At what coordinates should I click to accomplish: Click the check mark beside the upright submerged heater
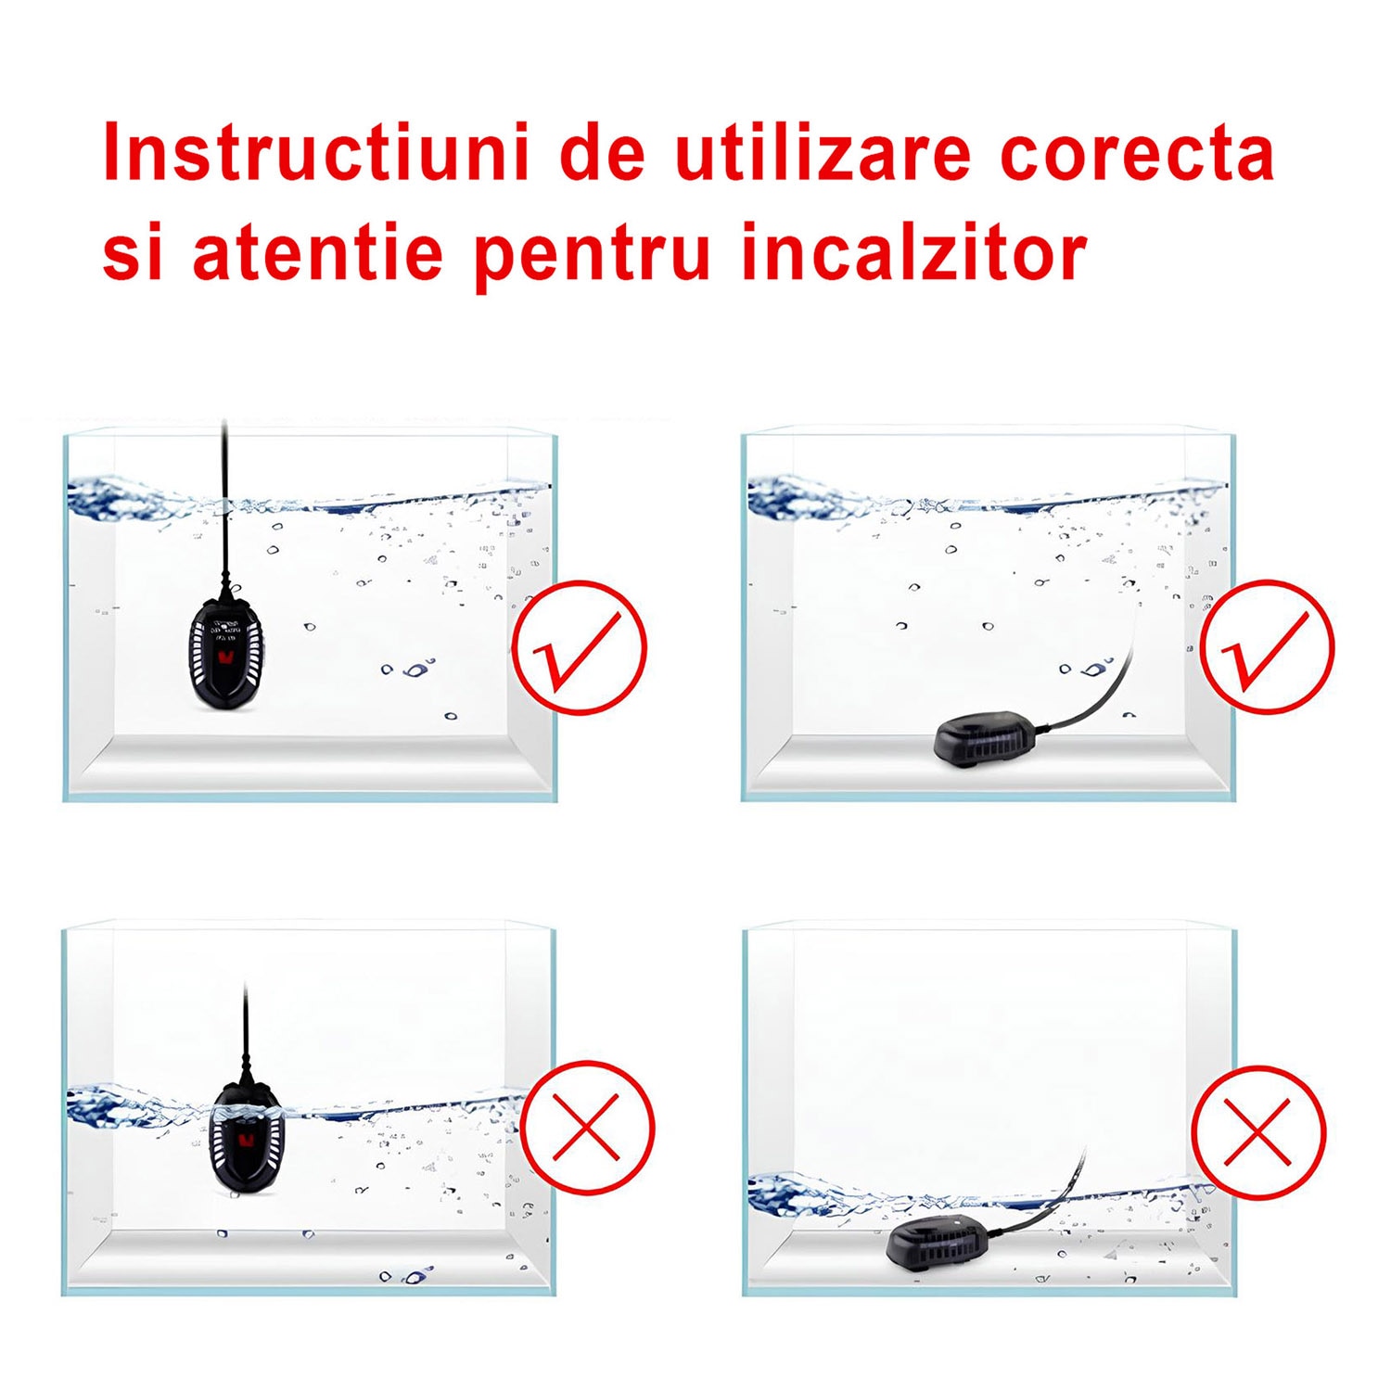click(579, 647)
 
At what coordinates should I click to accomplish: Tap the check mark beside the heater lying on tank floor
click(1267, 647)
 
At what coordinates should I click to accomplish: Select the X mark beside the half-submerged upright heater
click(586, 1128)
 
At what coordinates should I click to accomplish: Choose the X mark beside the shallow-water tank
click(1258, 1132)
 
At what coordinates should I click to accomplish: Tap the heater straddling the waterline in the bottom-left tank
click(247, 1137)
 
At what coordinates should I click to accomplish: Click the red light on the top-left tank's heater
click(225, 658)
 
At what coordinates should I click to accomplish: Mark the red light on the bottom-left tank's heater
click(246, 1140)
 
